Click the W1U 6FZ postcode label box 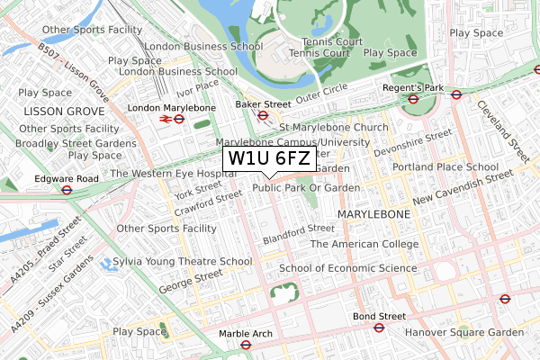tap(270, 158)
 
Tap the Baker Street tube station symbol tap(264, 115)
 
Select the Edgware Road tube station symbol tap(67, 189)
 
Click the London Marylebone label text tap(172, 108)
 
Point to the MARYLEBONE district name tap(373, 215)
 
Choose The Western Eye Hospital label tap(166, 174)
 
